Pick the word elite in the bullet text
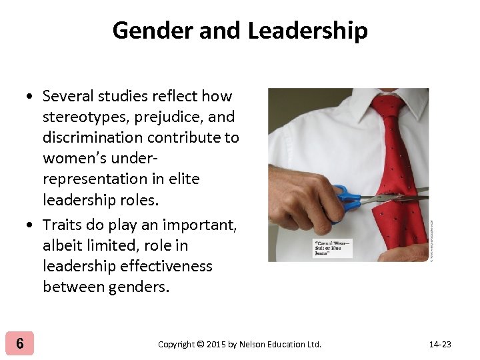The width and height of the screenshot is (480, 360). coord(185,179)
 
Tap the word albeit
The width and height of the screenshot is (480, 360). coord(63,245)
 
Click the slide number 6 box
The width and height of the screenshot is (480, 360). coord(20,343)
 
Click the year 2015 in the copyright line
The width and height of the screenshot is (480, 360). coord(217,344)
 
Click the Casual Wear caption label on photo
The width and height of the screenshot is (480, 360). coord(333,248)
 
